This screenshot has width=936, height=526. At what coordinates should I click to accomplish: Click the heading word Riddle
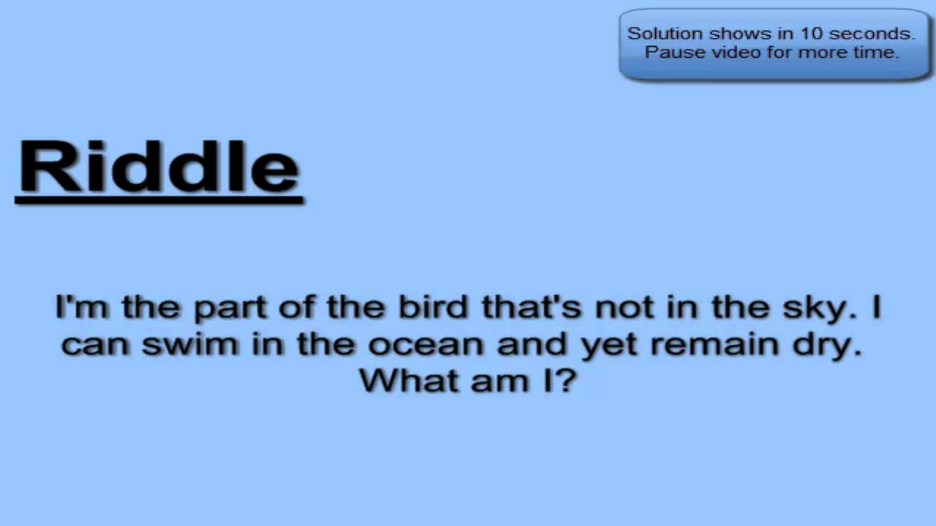coord(159,167)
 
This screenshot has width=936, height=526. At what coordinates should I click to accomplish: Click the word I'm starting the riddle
coord(82,308)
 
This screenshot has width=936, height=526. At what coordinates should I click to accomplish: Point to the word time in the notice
coord(879,53)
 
